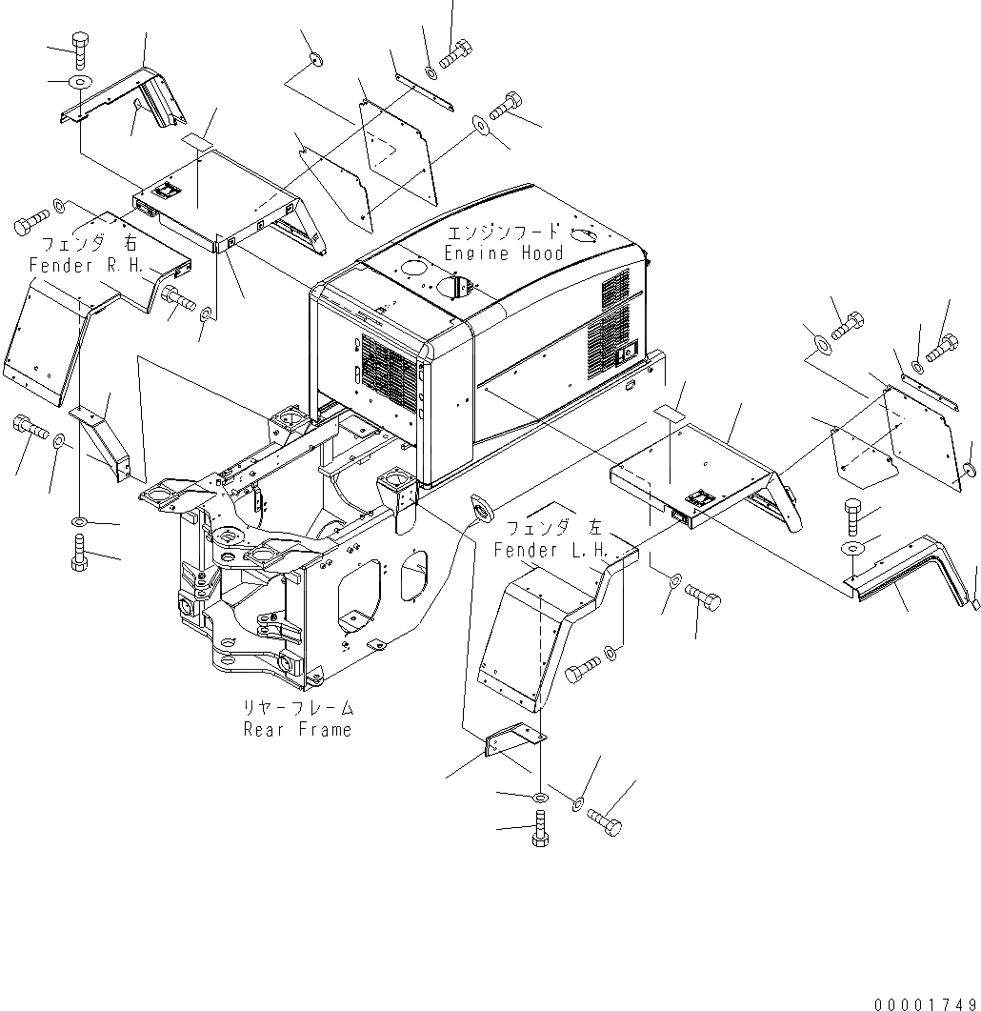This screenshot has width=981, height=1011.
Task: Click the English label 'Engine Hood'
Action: coord(504,253)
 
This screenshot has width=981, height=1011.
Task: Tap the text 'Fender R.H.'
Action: coord(87,265)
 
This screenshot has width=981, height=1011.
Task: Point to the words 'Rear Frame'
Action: coord(297,730)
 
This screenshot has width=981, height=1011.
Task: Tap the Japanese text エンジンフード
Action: coord(504,233)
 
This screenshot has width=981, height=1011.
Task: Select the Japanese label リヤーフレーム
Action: coord(297,709)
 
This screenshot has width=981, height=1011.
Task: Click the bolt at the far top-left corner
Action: coord(78,47)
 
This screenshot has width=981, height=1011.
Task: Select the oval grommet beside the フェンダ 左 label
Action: coord(479,509)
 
